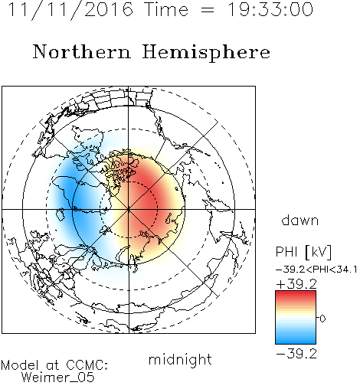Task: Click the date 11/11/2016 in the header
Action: pyautogui.click(x=70, y=10)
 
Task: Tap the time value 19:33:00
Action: pyautogui.click(x=270, y=10)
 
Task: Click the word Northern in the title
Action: pyautogui.click(x=82, y=52)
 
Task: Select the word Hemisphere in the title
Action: pyautogui.click(x=206, y=53)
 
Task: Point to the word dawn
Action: pyautogui.click(x=300, y=220)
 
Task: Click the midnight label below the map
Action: pyautogui.click(x=180, y=360)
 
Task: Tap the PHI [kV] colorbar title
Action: pyautogui.click(x=303, y=252)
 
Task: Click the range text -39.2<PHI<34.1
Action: pyautogui.click(x=316, y=270)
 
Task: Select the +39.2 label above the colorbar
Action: pyautogui.click(x=296, y=284)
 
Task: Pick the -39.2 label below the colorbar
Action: pyautogui.click(x=296, y=354)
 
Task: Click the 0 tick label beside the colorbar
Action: pyautogui.click(x=322, y=319)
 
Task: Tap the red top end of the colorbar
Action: pyautogui.click(x=296, y=293)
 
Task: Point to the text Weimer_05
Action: pyautogui.click(x=58, y=377)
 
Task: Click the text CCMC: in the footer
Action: pyautogui.click(x=87, y=365)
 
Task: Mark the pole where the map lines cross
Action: pyautogui.click(x=129, y=210)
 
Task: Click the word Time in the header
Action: pyautogui.click(x=166, y=10)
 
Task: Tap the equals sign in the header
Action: pyautogui.click(x=208, y=10)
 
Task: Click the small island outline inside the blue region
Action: pyautogui.click(x=61, y=214)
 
